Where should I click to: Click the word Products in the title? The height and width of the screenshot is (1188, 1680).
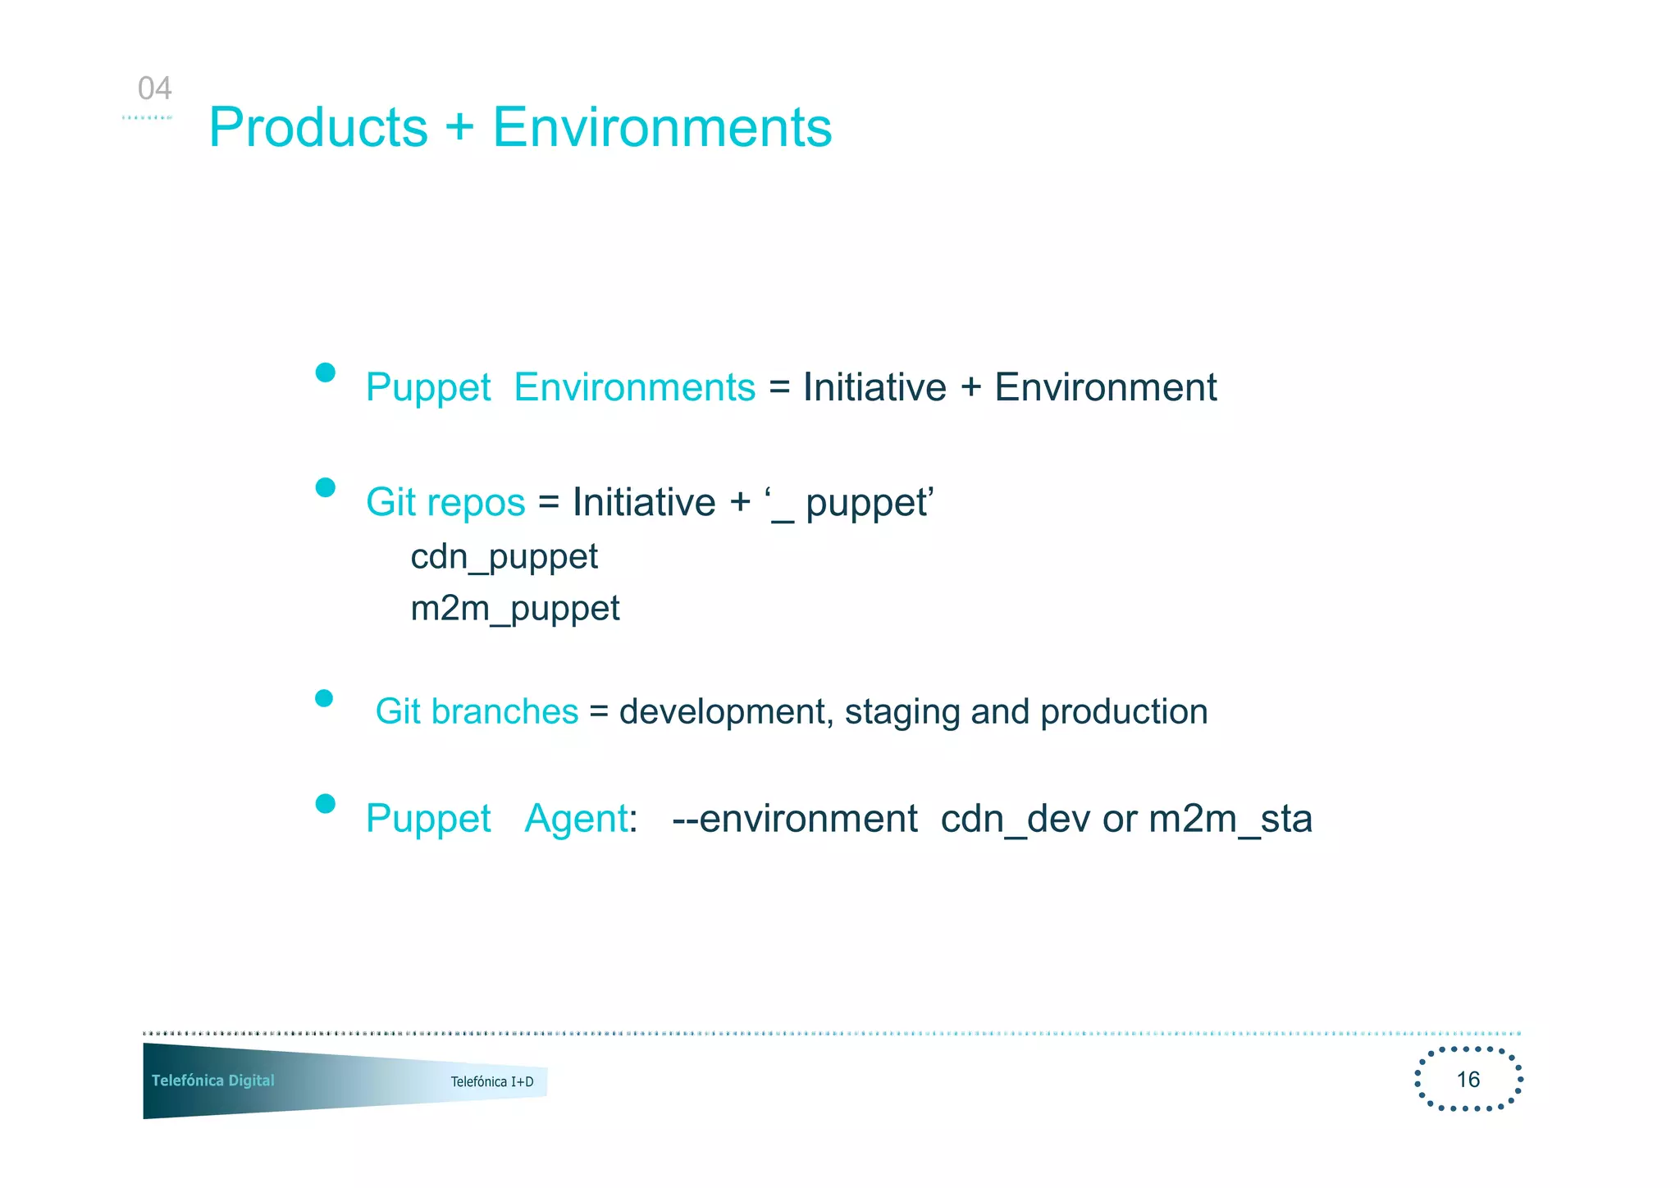point(318,128)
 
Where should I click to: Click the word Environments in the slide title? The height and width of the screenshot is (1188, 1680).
point(661,128)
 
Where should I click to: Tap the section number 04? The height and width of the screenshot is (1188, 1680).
point(154,89)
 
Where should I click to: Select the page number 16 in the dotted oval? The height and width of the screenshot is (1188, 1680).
point(1468,1079)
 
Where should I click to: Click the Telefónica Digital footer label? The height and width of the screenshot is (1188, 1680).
point(212,1081)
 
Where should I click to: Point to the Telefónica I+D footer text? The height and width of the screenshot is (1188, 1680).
point(491,1081)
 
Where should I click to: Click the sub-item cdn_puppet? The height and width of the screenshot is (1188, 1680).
point(504,557)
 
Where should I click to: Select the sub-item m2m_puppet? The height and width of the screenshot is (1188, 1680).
point(514,609)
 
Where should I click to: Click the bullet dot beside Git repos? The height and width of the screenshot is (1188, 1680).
point(325,488)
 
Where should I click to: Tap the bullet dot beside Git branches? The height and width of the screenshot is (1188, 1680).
point(324,698)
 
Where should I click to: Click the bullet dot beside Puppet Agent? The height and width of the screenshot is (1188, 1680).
point(325,803)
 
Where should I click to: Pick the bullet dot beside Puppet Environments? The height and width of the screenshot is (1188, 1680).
point(325,372)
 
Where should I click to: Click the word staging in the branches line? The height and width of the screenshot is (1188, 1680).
point(902,712)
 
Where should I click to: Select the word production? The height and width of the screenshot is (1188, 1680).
point(1123,712)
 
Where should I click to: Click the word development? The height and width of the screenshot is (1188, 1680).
point(725,712)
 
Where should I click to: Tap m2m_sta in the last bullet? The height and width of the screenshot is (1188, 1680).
point(1230,819)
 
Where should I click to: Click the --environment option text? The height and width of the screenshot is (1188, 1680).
point(794,819)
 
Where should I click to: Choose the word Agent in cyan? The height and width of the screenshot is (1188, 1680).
point(576,819)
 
